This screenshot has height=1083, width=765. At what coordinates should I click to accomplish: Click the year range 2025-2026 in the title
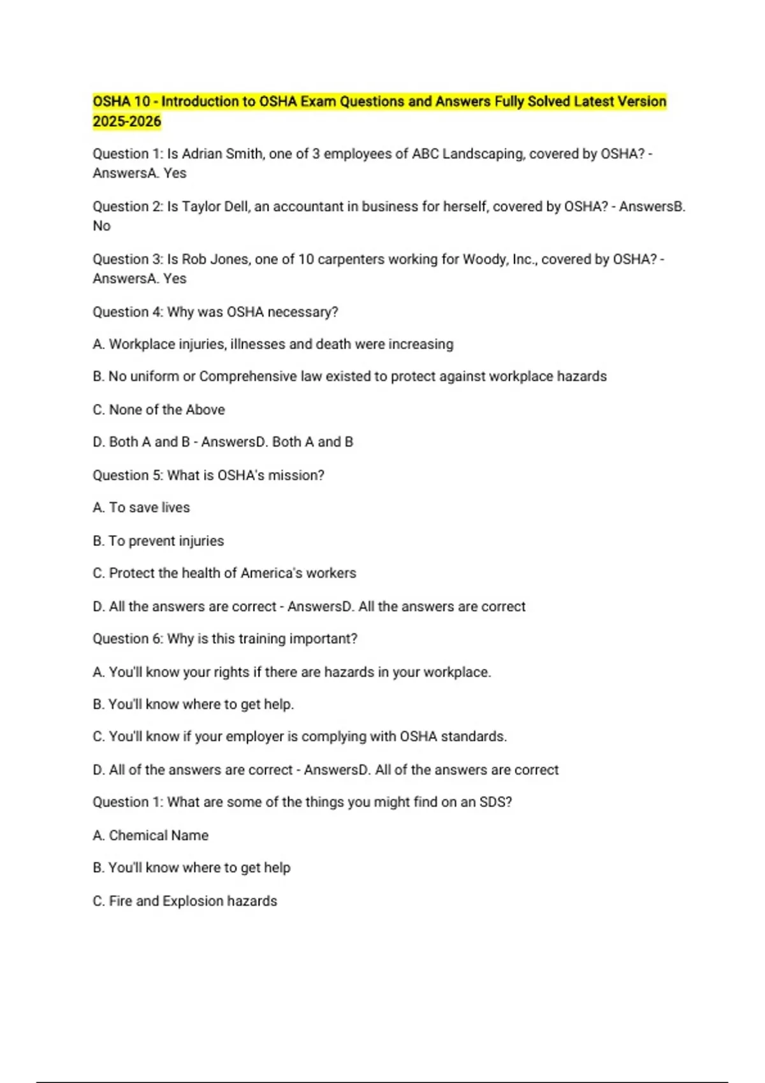(x=127, y=122)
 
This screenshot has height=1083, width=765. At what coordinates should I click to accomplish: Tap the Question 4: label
(x=127, y=312)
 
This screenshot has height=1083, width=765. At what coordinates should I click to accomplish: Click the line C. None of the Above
(x=159, y=410)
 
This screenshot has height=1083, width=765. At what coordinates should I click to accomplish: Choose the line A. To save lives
(x=142, y=508)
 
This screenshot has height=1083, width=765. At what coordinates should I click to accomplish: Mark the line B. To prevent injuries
(x=158, y=541)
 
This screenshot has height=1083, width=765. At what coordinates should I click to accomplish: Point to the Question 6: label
(x=127, y=639)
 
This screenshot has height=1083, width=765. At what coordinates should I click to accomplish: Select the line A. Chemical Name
(x=150, y=835)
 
